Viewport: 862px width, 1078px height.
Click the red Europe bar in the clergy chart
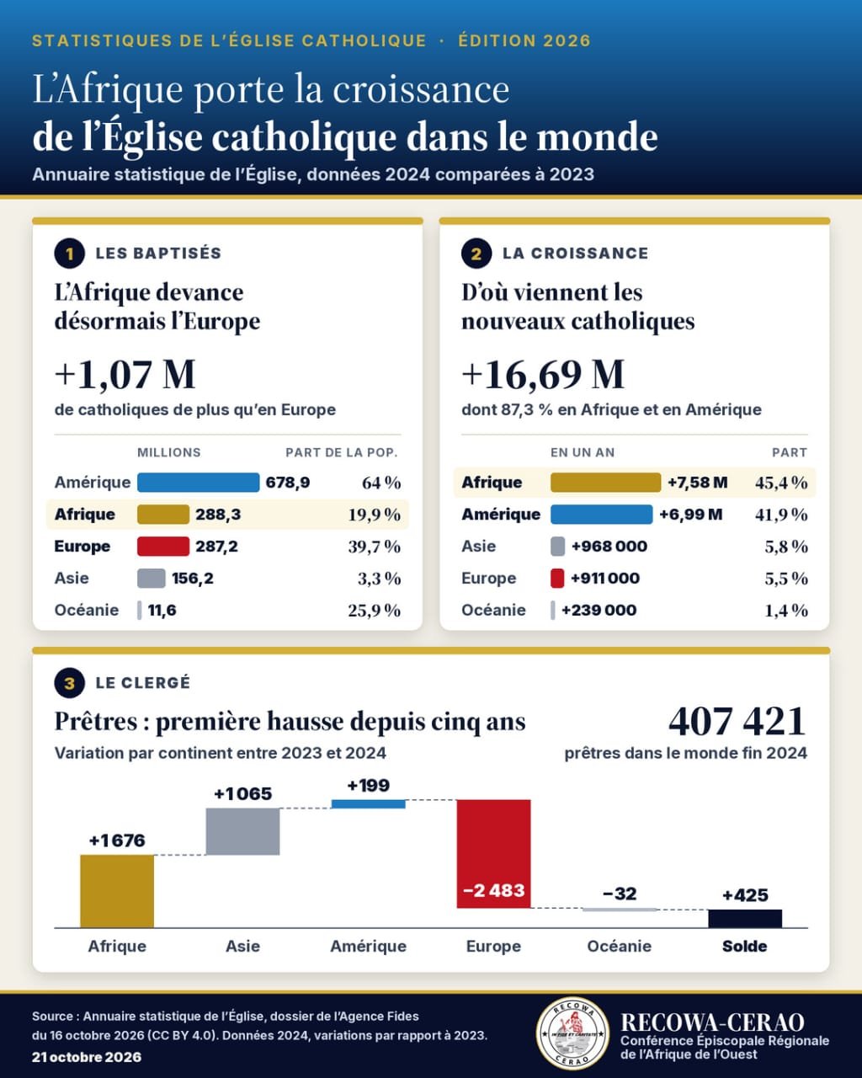(x=493, y=854)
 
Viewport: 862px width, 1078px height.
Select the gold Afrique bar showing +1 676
(x=117, y=891)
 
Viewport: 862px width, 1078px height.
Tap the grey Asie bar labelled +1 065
(x=243, y=831)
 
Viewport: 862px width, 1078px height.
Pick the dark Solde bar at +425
(x=745, y=919)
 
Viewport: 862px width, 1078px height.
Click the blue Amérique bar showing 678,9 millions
(x=199, y=483)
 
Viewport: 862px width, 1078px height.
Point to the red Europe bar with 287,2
(x=163, y=546)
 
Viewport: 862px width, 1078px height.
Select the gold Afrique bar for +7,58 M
(x=605, y=483)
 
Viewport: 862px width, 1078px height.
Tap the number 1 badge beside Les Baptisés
(x=70, y=253)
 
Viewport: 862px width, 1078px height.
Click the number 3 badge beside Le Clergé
(x=70, y=683)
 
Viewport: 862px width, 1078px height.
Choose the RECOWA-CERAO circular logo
(x=572, y=1033)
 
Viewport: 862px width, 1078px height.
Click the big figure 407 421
(x=737, y=722)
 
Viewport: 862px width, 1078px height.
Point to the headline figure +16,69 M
(x=543, y=374)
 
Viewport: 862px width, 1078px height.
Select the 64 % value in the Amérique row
(x=381, y=483)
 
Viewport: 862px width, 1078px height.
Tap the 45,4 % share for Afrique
(x=781, y=483)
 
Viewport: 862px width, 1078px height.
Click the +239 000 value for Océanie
(x=599, y=610)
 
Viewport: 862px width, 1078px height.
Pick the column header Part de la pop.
(x=342, y=453)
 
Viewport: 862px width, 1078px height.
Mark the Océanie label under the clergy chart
(x=620, y=947)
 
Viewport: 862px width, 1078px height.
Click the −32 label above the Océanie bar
(x=620, y=894)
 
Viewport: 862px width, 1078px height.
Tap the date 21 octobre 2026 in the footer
(x=87, y=1057)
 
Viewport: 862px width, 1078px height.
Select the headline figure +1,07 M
(x=125, y=374)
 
